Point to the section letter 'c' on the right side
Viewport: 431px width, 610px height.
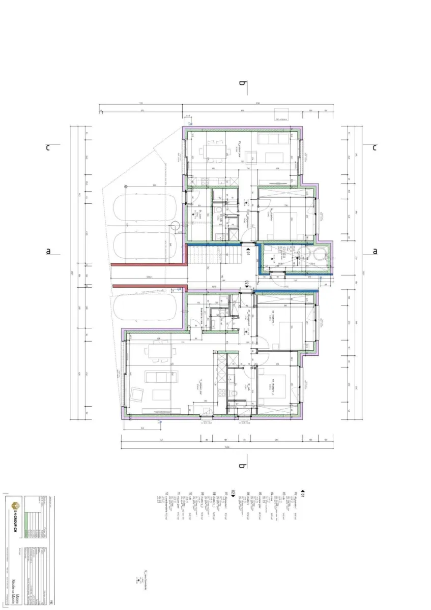point(375,148)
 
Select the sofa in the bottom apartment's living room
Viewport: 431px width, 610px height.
point(162,376)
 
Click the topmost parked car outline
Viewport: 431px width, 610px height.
point(145,208)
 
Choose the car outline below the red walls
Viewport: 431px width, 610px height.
point(145,309)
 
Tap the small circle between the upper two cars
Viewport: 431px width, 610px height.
point(174,226)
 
